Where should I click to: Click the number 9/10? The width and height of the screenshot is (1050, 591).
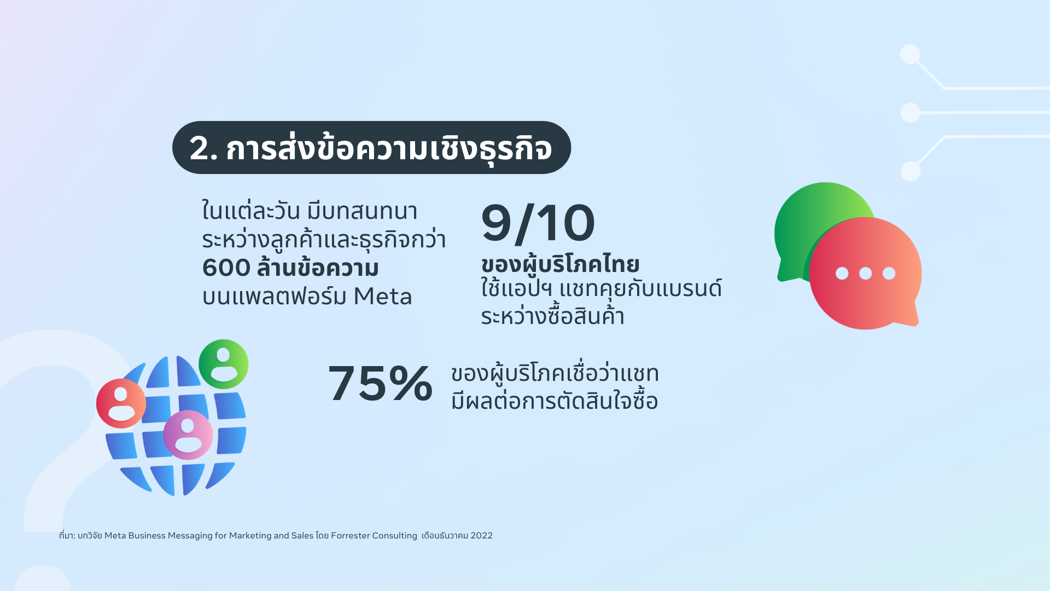[x=538, y=223]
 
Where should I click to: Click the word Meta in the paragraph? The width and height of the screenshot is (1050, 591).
[x=383, y=297]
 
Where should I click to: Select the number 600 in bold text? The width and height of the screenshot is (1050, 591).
[x=226, y=268]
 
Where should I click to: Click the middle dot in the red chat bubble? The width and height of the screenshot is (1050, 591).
[x=866, y=273]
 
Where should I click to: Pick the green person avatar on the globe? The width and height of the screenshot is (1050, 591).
[x=224, y=364]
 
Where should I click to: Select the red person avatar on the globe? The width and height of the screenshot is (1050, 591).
[x=121, y=403]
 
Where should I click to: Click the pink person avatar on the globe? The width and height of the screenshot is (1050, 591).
[x=188, y=435]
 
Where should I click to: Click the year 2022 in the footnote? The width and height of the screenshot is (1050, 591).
[x=482, y=536]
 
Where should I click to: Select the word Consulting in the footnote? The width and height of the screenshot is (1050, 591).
[x=394, y=536]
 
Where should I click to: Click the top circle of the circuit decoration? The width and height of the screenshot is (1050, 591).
[x=910, y=54]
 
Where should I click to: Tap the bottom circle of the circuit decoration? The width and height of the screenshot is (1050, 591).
[x=911, y=171]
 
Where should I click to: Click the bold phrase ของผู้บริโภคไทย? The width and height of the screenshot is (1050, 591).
[x=560, y=265]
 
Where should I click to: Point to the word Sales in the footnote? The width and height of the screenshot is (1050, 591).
[x=302, y=536]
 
